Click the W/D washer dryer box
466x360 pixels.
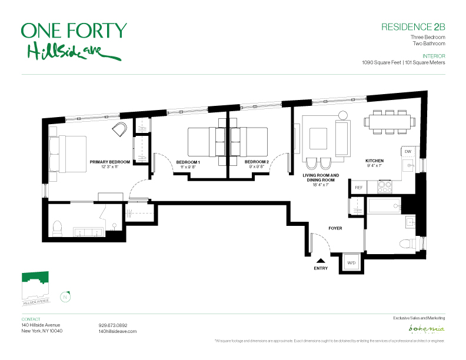tap(351, 262)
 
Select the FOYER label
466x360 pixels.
tap(335, 228)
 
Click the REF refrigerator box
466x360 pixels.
tap(358, 187)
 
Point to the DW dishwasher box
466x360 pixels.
tap(407, 152)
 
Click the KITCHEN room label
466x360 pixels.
tap(374, 161)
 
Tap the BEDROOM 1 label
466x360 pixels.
tap(188, 162)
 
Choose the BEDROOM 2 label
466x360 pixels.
tap(257, 162)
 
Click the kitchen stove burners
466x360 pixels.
tap(384, 186)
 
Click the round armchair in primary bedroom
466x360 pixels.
tap(120, 129)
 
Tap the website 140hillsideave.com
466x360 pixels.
tap(118, 332)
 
